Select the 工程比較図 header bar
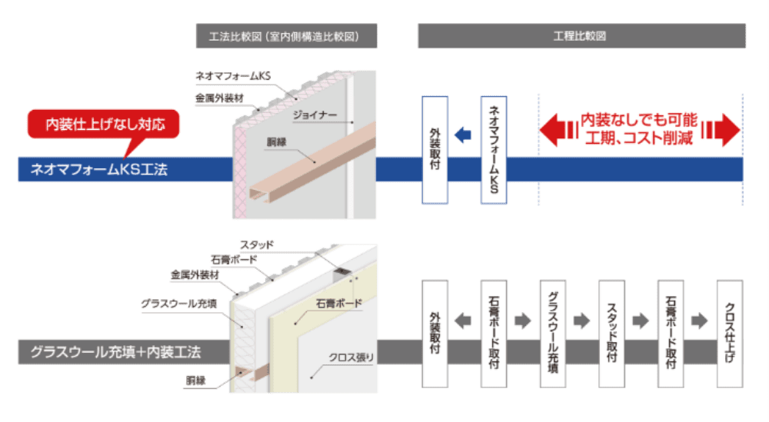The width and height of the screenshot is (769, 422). [x=581, y=36]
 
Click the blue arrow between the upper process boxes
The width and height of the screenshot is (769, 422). [x=463, y=135]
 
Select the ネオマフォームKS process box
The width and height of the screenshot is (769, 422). [x=494, y=150]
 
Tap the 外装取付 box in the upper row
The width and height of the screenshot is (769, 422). [x=434, y=150]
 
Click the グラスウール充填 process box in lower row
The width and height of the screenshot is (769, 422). [x=552, y=334]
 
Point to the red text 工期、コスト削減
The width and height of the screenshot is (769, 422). [x=639, y=139]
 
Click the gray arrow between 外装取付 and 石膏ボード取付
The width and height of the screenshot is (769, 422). [x=464, y=321]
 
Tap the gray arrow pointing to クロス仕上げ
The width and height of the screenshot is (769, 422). [x=699, y=321]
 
